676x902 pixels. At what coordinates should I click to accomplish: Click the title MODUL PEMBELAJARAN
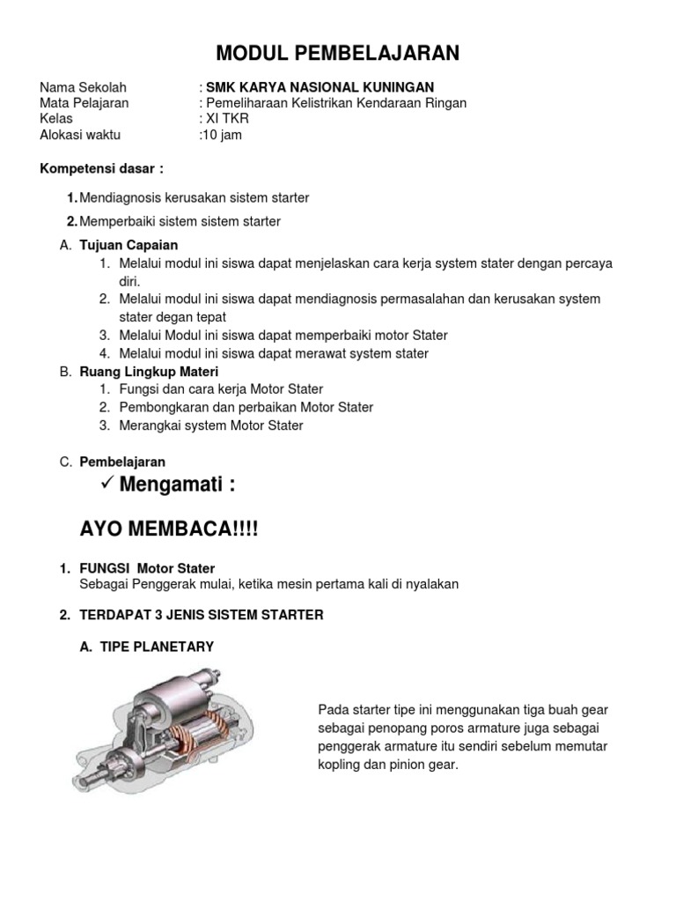point(338,54)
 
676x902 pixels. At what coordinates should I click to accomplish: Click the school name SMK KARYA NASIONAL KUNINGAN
point(320,87)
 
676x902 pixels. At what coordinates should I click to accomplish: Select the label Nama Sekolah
point(84,87)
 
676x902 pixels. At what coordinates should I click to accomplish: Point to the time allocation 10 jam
point(223,135)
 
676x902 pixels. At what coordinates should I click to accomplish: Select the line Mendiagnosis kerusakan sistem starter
point(194,197)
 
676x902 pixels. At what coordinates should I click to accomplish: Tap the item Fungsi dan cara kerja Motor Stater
point(221,388)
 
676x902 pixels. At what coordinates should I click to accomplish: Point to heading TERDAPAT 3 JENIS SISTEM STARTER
point(202,615)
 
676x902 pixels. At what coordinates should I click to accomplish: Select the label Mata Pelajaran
point(84,103)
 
